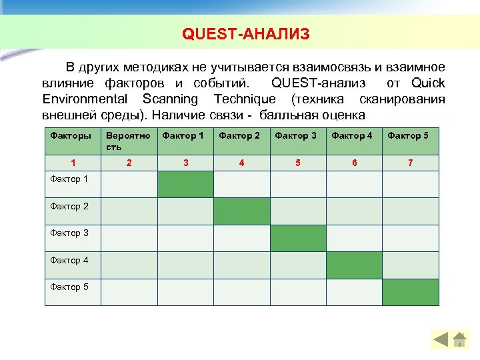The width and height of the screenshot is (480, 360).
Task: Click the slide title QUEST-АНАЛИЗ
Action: [x=246, y=34]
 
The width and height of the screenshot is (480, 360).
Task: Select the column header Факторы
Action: [x=71, y=136]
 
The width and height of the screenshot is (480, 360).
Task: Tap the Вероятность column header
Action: [x=127, y=141]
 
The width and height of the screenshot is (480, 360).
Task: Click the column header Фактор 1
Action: [x=183, y=136]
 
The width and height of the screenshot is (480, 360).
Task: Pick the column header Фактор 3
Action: [x=296, y=136]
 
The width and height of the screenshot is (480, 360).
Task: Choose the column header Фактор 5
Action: [x=409, y=136]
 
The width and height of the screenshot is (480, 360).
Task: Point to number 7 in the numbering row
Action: [x=410, y=163]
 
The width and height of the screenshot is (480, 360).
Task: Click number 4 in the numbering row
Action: [x=241, y=163]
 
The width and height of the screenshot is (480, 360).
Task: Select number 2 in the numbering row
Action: [x=129, y=163]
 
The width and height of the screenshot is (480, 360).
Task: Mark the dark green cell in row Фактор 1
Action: [x=185, y=185]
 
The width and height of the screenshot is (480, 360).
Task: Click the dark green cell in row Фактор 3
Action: [x=298, y=238]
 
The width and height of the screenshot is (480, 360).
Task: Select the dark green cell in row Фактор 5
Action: [x=411, y=292]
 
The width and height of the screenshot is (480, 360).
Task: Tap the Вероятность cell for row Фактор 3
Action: [x=129, y=238]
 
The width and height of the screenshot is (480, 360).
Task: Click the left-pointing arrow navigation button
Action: [x=441, y=340]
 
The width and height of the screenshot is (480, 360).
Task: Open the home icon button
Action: [x=460, y=340]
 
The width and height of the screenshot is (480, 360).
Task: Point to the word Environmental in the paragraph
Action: [x=85, y=99]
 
